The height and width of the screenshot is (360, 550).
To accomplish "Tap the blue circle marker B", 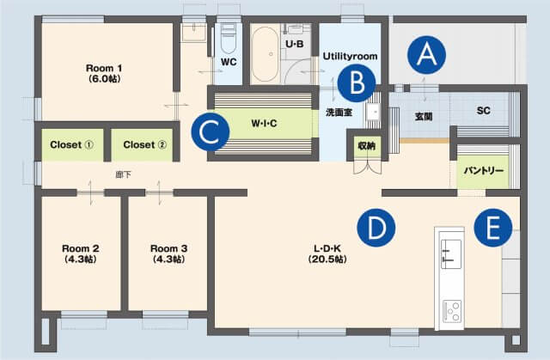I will (x=356, y=82).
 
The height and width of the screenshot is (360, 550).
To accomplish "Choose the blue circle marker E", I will (x=492, y=228).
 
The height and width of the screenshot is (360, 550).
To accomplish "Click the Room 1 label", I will (x=105, y=73).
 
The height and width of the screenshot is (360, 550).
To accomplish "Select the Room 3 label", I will (x=168, y=253).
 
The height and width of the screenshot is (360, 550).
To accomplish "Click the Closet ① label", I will (x=71, y=144).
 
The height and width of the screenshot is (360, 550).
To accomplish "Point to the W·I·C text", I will (x=265, y=123).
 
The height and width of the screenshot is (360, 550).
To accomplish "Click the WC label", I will (x=229, y=62).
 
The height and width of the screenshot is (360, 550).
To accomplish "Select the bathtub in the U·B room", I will (x=264, y=53).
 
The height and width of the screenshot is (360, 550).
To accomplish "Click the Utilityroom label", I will (x=350, y=56).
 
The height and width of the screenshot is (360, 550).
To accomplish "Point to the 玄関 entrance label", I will (x=423, y=115).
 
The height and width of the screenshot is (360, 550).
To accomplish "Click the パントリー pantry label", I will (x=484, y=169).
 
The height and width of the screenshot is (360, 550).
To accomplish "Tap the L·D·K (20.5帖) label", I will (x=329, y=253).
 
